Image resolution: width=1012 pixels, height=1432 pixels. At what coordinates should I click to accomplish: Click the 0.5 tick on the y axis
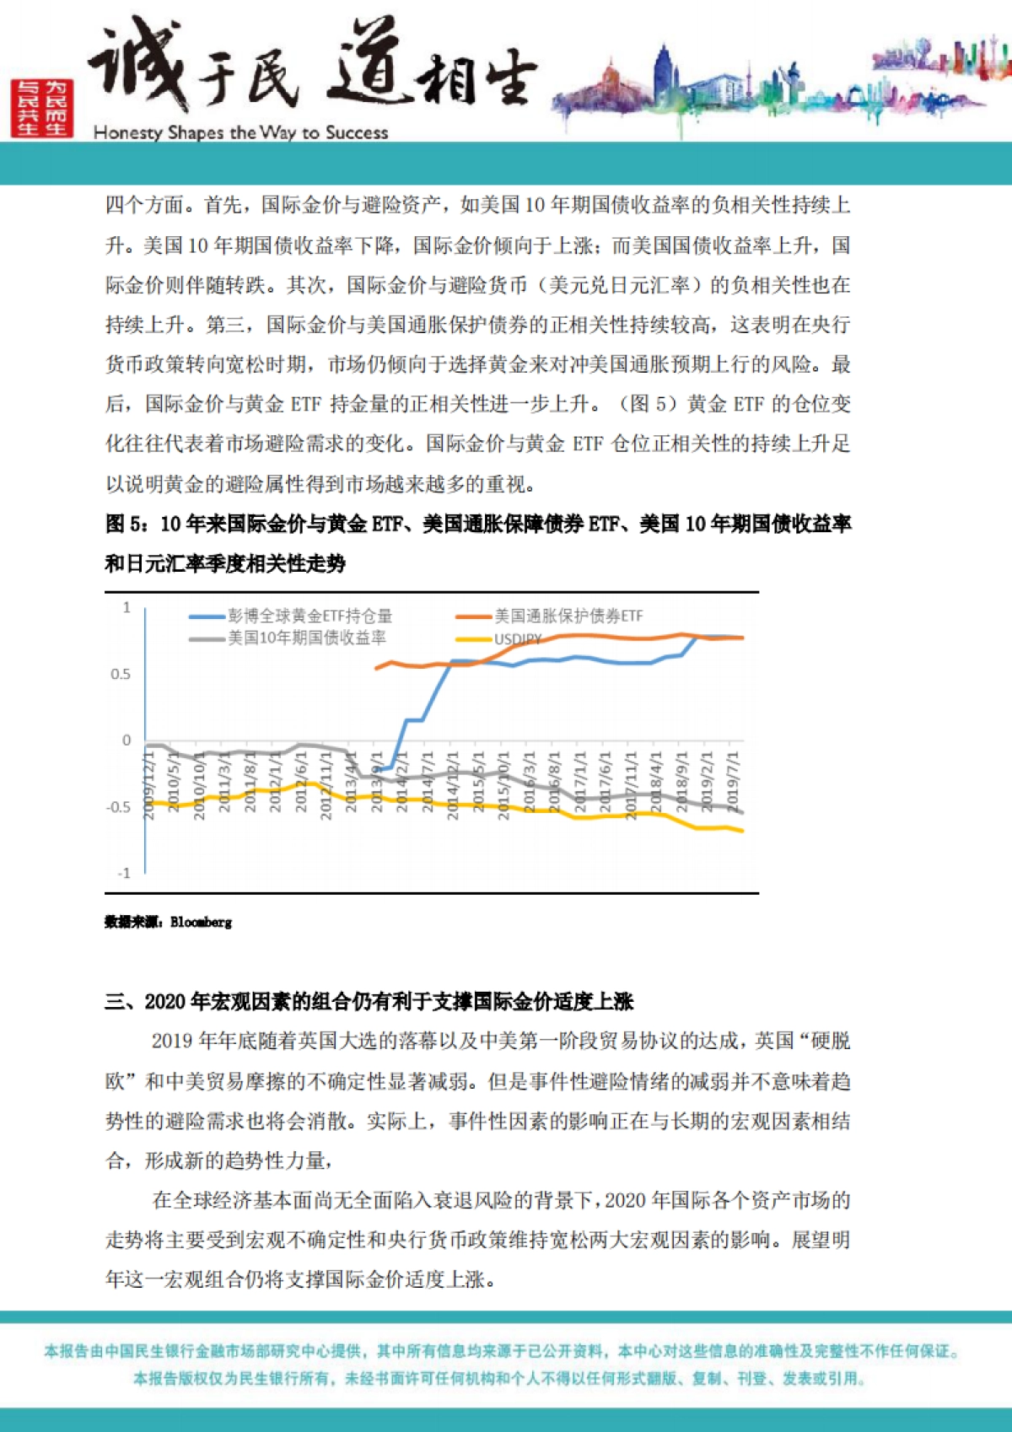121,675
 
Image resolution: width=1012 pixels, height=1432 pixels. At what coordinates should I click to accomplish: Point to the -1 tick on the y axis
123,874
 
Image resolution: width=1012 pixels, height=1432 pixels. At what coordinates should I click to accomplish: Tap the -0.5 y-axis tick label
119,807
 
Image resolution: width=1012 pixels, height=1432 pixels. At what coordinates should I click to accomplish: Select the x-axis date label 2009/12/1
149,784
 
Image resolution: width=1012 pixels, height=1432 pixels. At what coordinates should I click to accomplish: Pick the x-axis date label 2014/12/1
453,784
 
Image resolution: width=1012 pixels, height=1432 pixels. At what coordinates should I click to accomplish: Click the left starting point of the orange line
376,669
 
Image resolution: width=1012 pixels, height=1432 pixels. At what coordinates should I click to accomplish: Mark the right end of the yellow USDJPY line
742,832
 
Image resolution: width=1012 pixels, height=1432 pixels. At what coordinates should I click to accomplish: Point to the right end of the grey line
742,812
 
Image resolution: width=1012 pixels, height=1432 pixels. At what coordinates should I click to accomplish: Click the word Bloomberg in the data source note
201,923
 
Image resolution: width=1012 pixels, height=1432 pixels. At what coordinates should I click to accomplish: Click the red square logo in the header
42,108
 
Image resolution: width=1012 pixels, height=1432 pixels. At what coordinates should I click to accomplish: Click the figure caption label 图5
126,525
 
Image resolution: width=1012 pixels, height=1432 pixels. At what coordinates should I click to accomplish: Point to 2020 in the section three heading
164,1002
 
